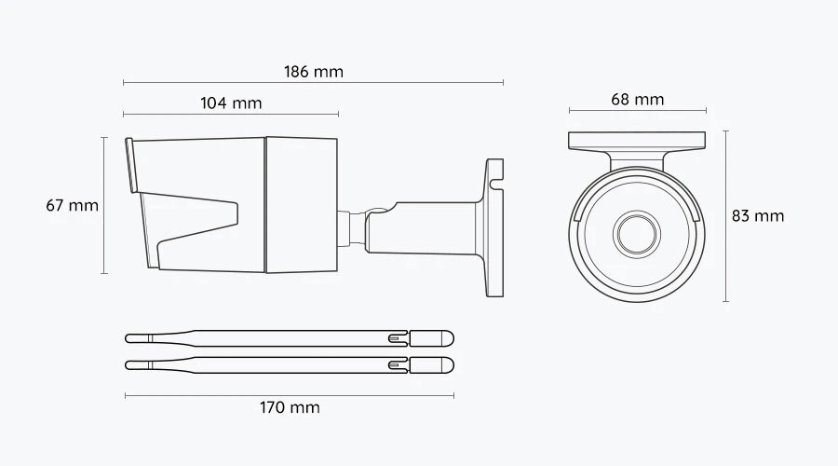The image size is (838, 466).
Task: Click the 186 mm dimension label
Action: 314,72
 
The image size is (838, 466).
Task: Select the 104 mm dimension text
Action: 231,103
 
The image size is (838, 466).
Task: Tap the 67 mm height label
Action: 72,205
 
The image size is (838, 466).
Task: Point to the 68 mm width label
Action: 638,100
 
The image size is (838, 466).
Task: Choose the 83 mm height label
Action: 758,216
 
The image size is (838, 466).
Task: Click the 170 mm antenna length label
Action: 290,407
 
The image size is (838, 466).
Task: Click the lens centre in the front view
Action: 637,234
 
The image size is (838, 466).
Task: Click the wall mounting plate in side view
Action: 494,228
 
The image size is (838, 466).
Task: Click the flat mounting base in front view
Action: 637,141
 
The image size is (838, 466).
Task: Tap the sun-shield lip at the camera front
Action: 130,165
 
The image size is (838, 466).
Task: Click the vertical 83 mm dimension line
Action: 725,216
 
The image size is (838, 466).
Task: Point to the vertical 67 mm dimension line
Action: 104,205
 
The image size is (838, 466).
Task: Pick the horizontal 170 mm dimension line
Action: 290,396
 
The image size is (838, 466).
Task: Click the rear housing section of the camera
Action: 302,205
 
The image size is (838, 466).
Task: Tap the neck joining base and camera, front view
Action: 637,160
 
